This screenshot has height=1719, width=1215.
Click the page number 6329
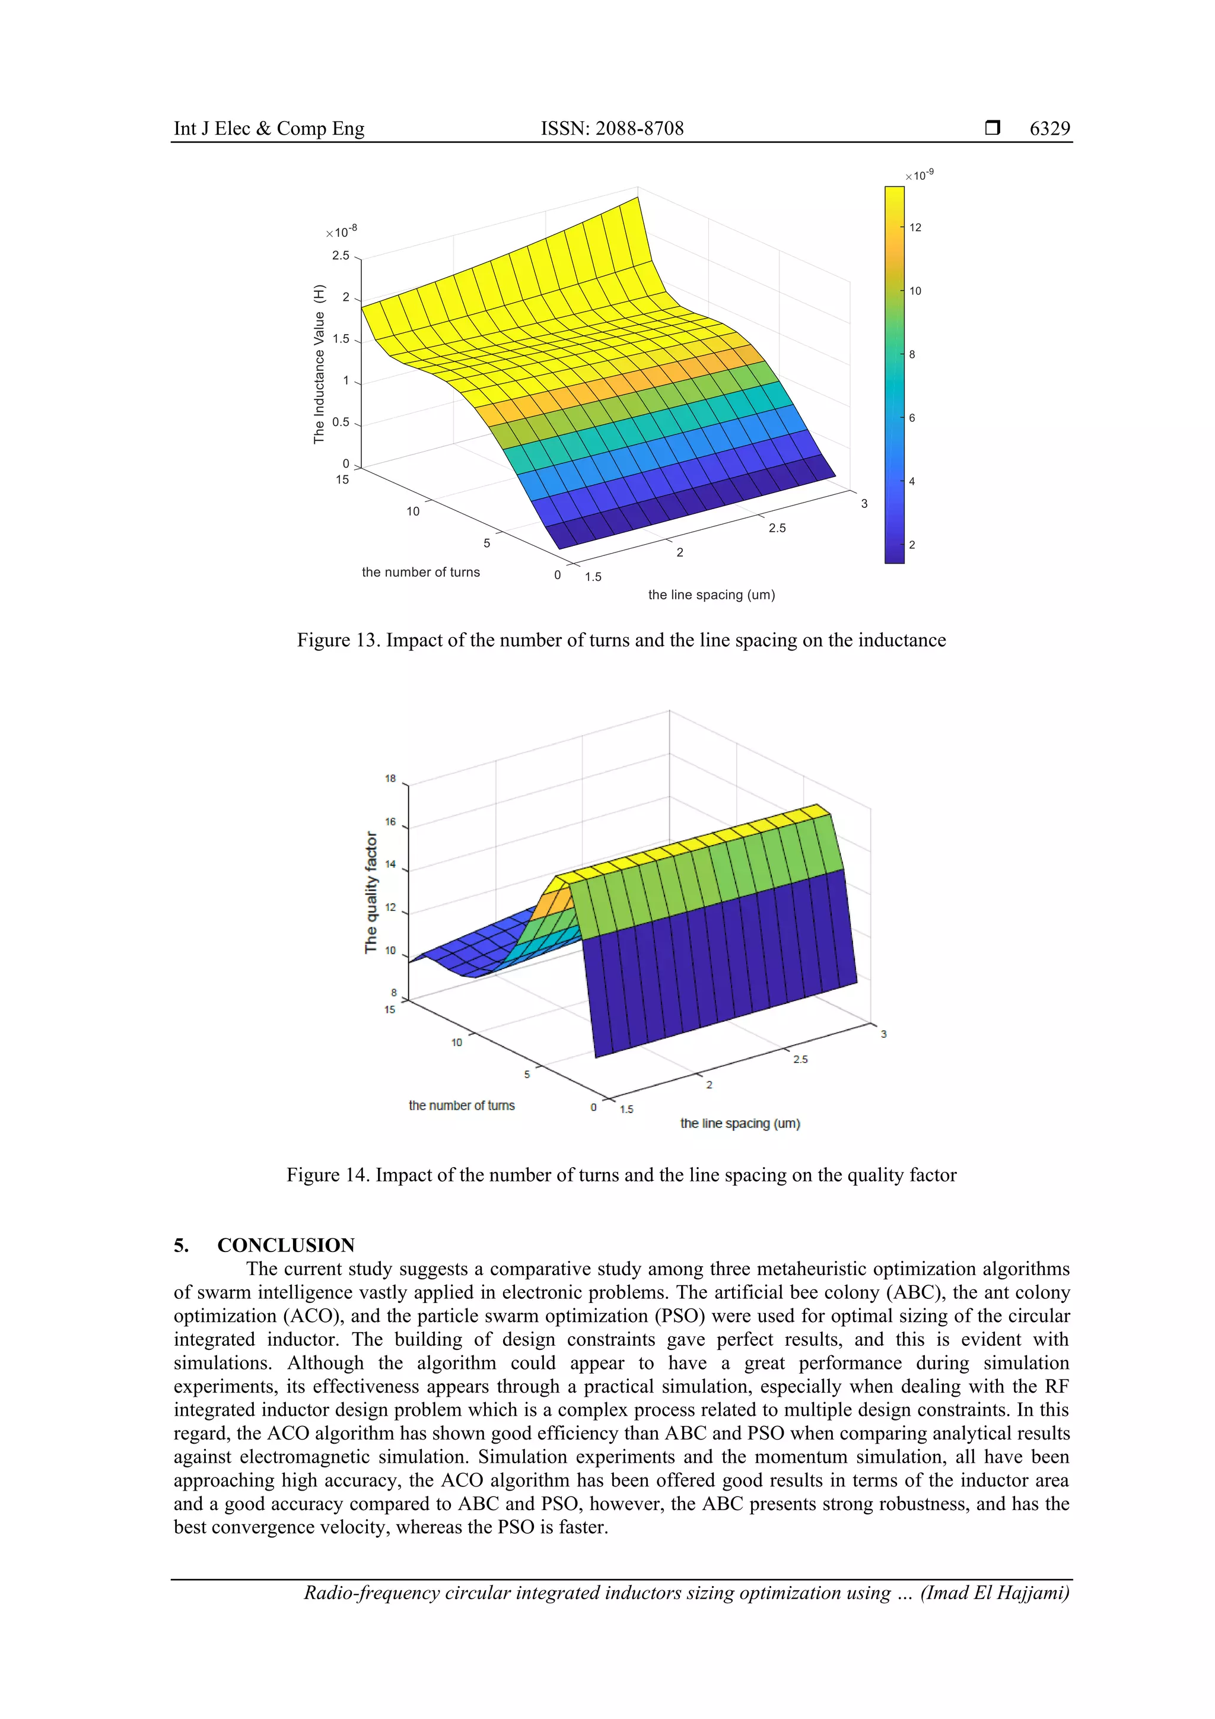click(1049, 128)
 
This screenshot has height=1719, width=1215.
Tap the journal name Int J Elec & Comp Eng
click(269, 128)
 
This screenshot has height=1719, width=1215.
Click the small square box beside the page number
click(992, 128)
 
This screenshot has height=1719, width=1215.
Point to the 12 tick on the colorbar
click(915, 228)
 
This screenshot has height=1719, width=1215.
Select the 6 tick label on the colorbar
click(912, 418)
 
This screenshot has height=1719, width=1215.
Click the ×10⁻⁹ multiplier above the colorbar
click(920, 175)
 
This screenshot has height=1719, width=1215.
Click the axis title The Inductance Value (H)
click(320, 364)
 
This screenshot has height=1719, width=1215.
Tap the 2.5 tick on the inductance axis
click(341, 255)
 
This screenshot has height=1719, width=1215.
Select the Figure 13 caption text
click(621, 640)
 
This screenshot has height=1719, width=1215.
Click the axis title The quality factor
click(371, 892)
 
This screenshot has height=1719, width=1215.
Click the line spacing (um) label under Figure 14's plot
click(740, 1123)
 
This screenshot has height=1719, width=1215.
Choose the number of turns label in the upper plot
click(421, 572)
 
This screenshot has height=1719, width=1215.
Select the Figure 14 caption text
click(621, 1175)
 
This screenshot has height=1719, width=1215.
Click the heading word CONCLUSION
click(286, 1245)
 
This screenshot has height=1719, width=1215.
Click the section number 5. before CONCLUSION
click(181, 1245)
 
